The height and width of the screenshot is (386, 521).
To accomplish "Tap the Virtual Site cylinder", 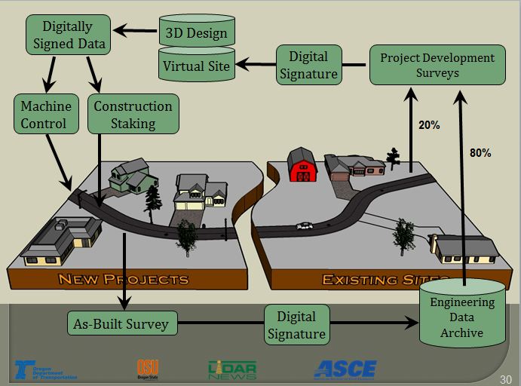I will (x=197, y=66).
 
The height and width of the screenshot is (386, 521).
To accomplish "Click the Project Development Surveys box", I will (x=437, y=65).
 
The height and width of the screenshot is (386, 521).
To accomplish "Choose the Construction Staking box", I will (x=133, y=114).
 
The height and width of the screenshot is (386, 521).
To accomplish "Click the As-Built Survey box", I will (x=121, y=324).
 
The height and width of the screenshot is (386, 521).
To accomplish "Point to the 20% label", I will (x=429, y=125).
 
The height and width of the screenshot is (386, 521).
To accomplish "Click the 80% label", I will (x=480, y=153).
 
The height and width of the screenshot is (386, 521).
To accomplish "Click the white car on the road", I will (x=305, y=225).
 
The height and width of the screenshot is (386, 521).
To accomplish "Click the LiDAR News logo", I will (x=232, y=369).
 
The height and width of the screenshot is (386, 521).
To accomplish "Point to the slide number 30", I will (x=506, y=378).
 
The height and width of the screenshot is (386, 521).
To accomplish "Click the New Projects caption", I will (x=123, y=280).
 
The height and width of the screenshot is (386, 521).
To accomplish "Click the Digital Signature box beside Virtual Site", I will (x=308, y=65).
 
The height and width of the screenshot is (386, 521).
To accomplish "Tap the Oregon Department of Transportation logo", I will (x=44, y=369).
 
